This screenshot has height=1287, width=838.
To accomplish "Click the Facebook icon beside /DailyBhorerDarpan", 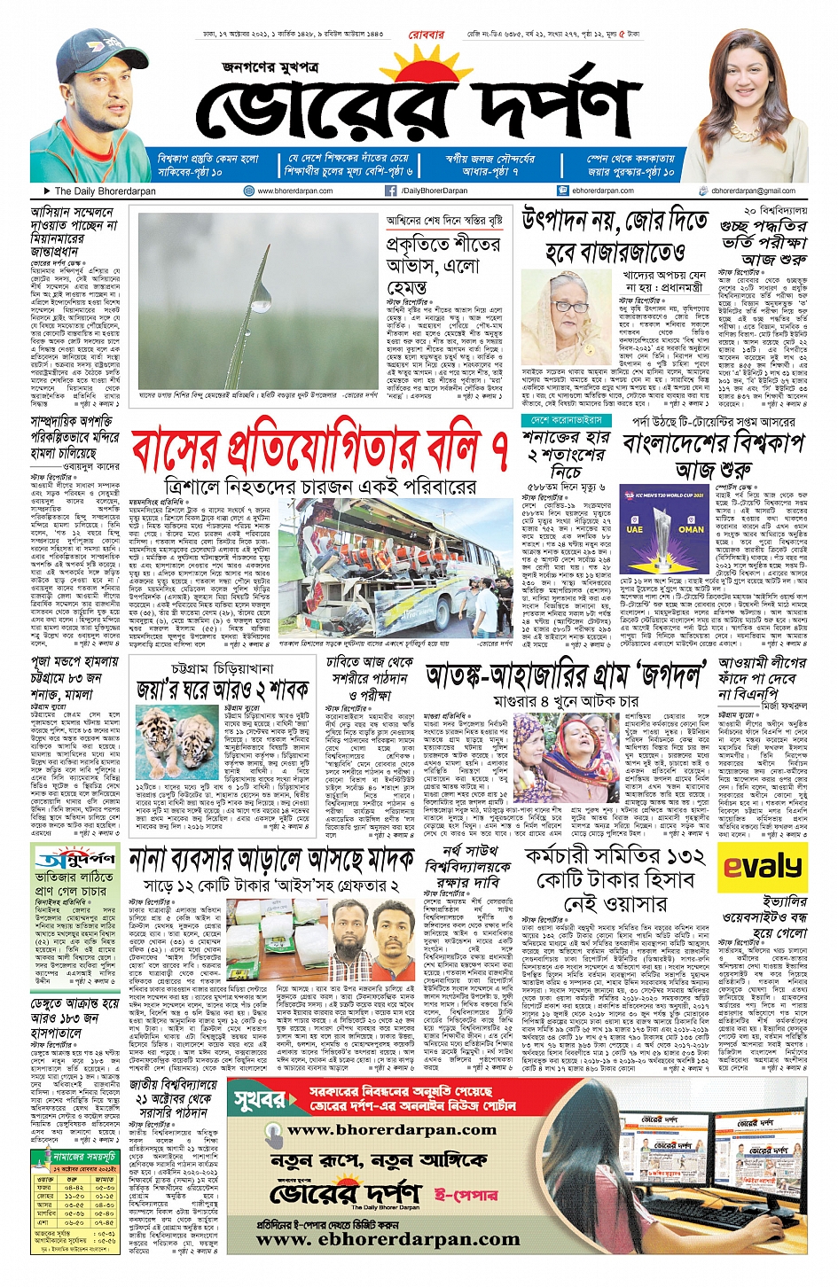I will (x=390, y=191).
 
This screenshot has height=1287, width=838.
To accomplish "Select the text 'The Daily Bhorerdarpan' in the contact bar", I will (x=105, y=191).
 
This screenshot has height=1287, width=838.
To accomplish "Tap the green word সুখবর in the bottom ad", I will (x=260, y=1101).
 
